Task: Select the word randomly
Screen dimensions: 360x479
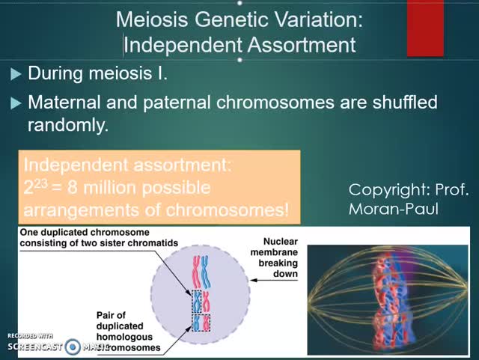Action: [68, 125]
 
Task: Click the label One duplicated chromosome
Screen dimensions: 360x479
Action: [84, 233]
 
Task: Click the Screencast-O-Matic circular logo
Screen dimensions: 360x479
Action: [73, 347]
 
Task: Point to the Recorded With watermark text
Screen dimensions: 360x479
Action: [30, 335]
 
